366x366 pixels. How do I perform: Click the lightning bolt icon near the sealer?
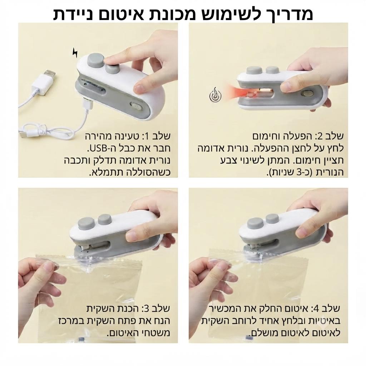tap(75, 53)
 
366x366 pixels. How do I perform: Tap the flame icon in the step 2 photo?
tap(215, 94)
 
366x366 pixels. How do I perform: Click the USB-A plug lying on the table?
tap(44, 81)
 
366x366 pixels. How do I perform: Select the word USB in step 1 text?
tap(98, 148)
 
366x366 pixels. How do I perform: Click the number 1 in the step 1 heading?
tap(146, 136)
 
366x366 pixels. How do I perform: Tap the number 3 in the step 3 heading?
tap(146, 309)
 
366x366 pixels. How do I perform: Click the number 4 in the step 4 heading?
tap(316, 309)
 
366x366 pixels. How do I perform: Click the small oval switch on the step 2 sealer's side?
tap(307, 93)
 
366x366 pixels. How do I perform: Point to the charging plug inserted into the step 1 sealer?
tap(87, 104)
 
